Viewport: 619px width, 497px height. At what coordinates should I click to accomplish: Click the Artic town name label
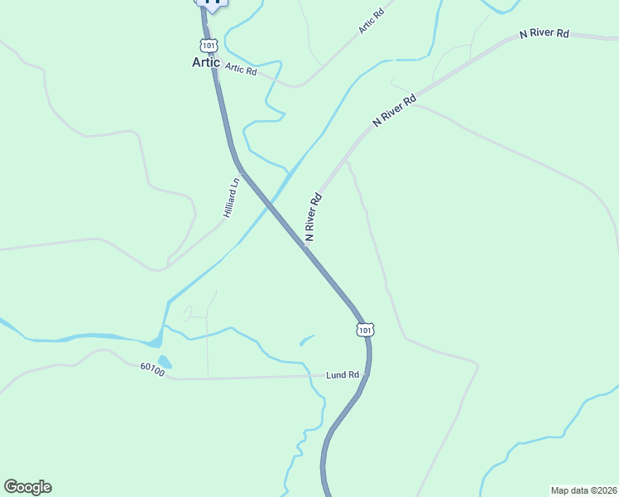[206, 62]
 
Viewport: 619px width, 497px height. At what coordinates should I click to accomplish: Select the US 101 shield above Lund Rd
[366, 330]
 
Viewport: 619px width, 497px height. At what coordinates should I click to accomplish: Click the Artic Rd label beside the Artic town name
[241, 70]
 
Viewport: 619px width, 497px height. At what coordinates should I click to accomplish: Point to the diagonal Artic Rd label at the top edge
[372, 17]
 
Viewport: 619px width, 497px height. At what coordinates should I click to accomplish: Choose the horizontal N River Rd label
[545, 33]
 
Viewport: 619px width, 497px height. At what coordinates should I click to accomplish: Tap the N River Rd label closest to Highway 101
[313, 218]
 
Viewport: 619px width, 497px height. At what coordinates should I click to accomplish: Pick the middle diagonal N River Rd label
[393, 109]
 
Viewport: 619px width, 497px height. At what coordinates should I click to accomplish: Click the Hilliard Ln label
[231, 199]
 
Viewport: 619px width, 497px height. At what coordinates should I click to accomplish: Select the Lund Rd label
[342, 375]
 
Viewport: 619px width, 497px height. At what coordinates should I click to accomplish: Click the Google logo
[27, 487]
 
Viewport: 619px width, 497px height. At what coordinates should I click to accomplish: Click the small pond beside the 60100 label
[165, 362]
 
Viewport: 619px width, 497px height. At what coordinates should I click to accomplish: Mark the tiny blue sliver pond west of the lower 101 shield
[307, 339]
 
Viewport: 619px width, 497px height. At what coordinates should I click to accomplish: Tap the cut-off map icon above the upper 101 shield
[212, 4]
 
